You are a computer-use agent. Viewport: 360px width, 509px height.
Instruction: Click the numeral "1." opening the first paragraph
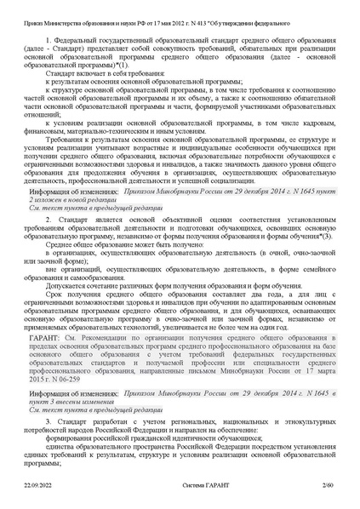[x=48, y=40]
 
